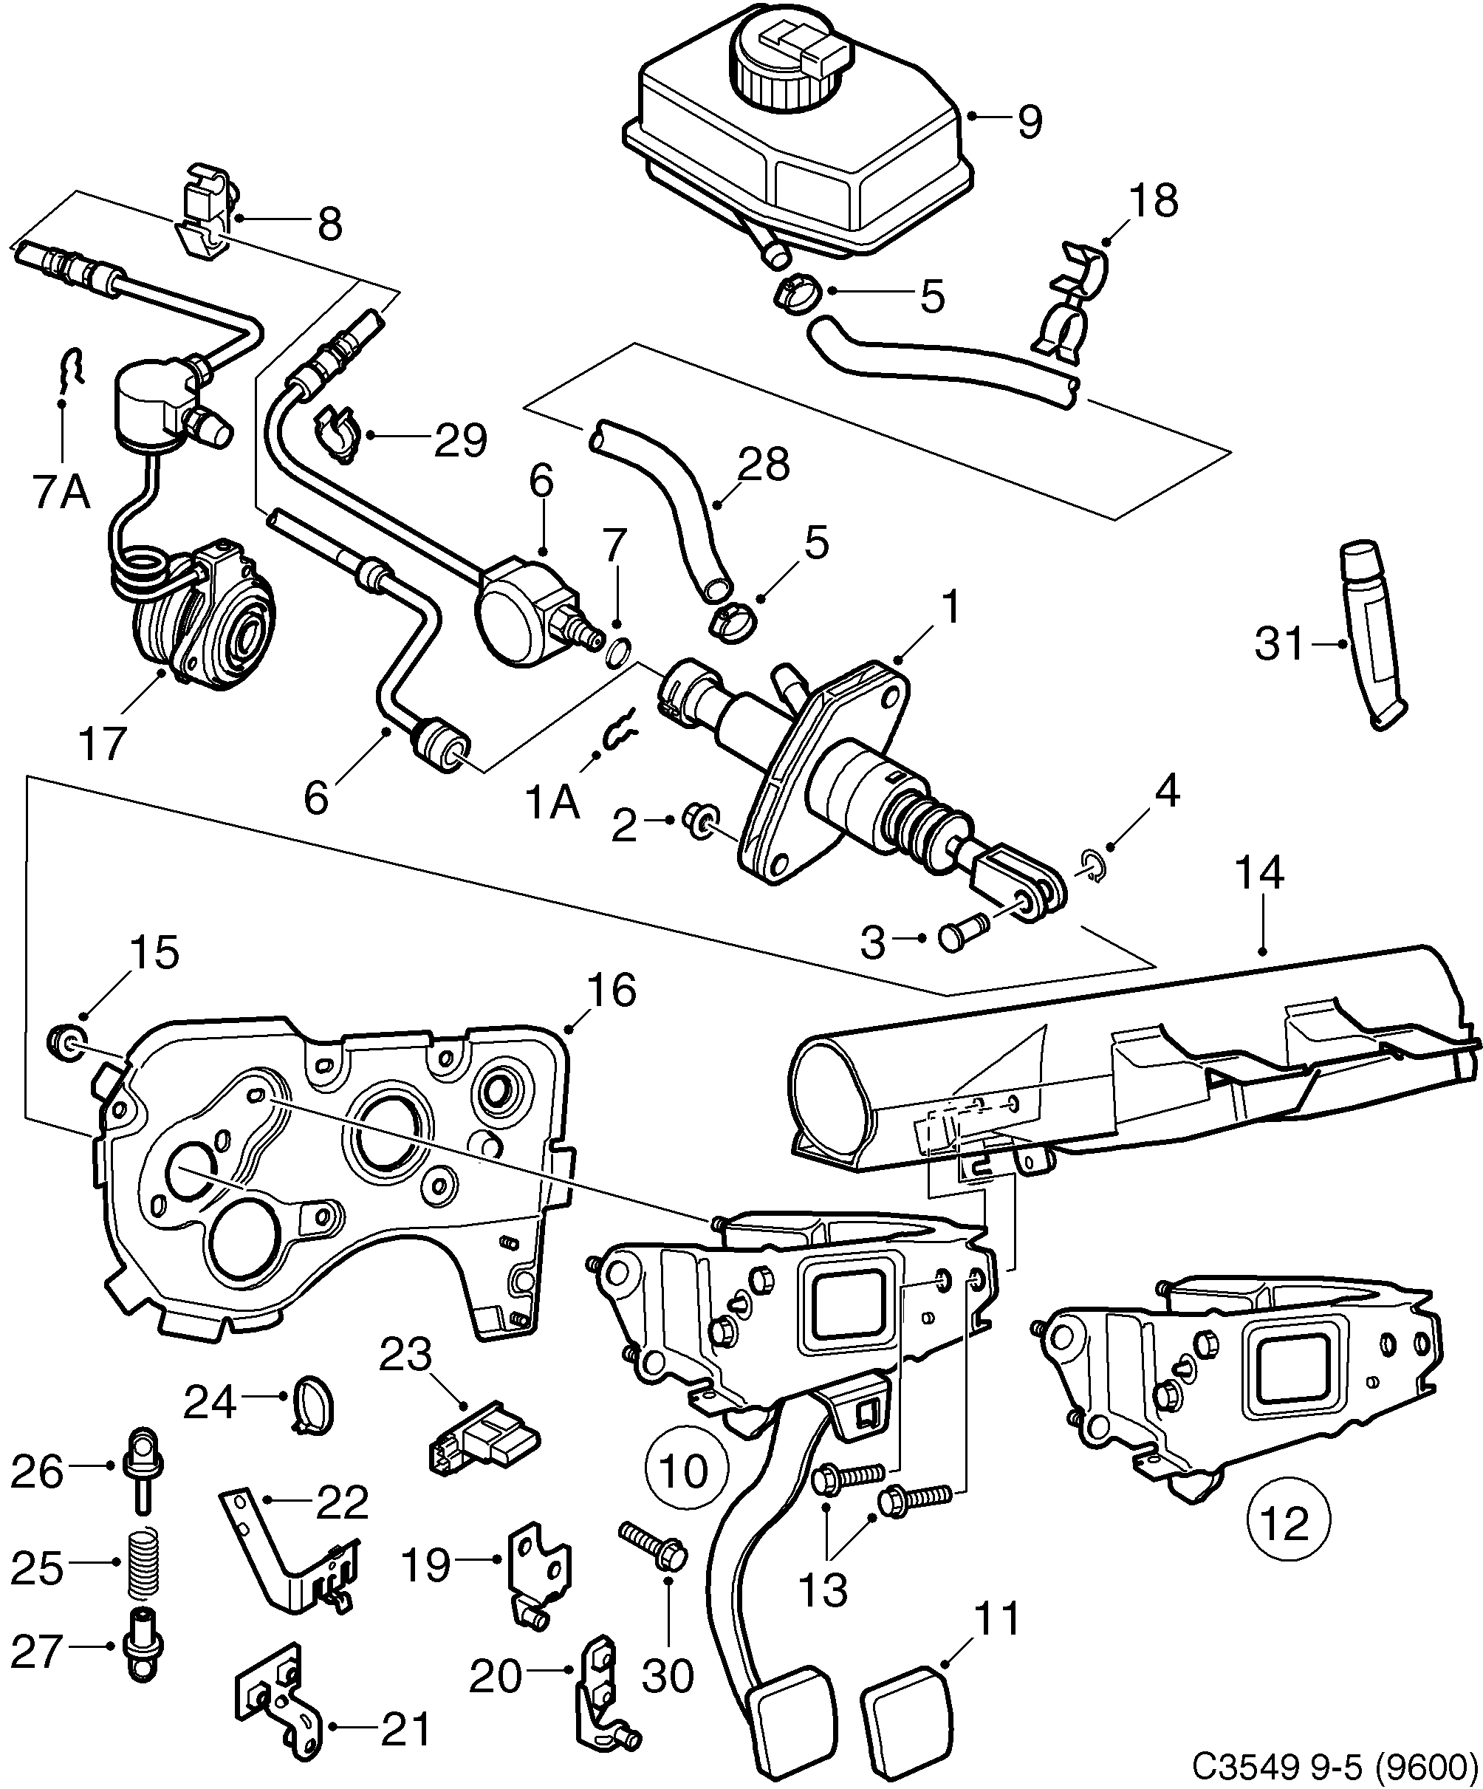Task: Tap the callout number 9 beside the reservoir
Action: [x=1029, y=121]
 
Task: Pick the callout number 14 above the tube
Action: [x=1258, y=874]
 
